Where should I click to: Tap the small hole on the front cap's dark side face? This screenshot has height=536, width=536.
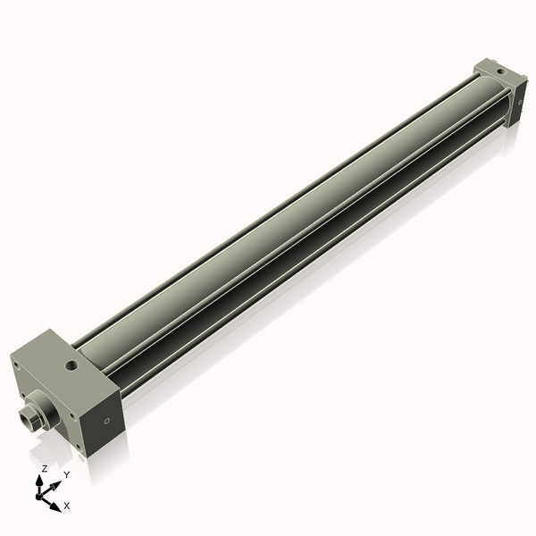click(107, 421)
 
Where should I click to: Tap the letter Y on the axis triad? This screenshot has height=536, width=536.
click(66, 474)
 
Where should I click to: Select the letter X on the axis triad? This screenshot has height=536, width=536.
click(65, 507)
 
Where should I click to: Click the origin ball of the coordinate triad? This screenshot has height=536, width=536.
click(41, 493)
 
